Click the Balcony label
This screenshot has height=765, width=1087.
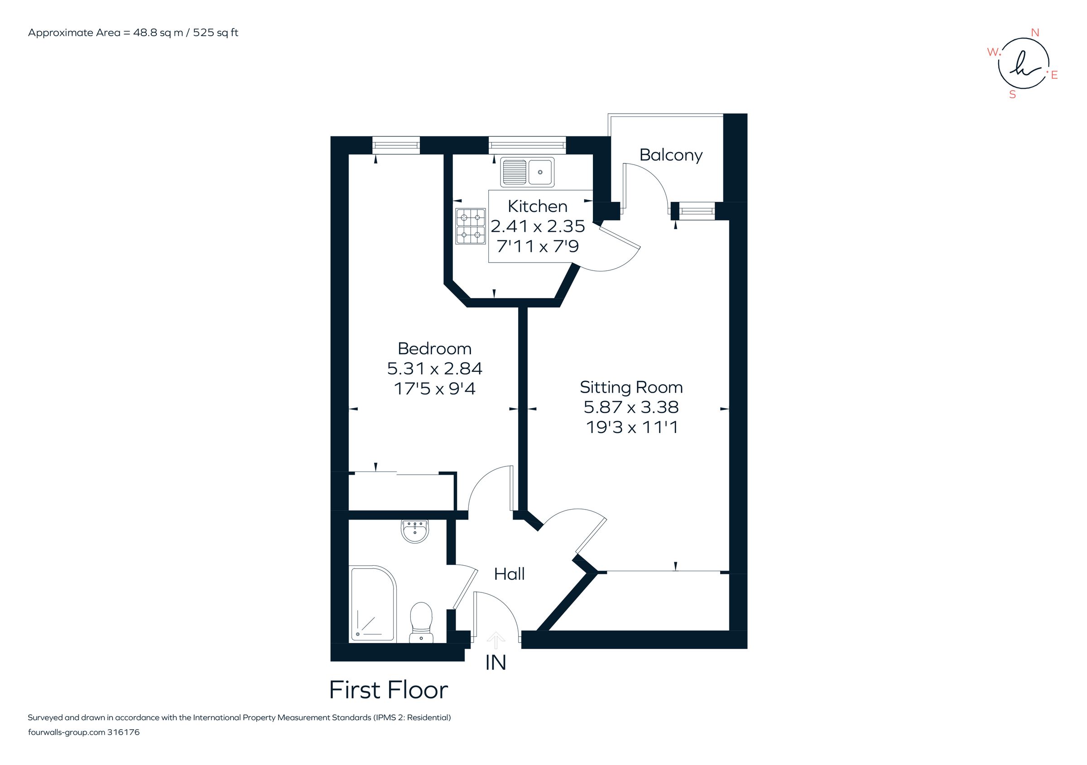tap(671, 155)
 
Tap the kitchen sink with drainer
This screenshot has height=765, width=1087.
tap(527, 172)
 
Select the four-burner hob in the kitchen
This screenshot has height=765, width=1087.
tap(471, 226)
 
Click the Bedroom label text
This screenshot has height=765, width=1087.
tap(435, 349)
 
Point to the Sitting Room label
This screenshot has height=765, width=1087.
tap(631, 388)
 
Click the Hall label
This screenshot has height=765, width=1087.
tap(509, 574)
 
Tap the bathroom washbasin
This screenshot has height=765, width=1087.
tap(415, 531)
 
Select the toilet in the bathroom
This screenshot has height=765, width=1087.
tap(421, 621)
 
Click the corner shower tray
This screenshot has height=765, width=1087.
tap(373, 603)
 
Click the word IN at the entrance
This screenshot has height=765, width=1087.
tap(495, 663)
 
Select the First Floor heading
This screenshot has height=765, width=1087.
tap(388, 690)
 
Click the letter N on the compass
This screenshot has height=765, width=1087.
tap(1035, 33)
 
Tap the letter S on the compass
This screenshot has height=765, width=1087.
tap(1013, 95)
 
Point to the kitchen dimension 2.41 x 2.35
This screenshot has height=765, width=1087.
tap(537, 226)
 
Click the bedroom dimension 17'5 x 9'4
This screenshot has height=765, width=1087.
tap(435, 389)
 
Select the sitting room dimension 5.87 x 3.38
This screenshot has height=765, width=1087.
tap(631, 407)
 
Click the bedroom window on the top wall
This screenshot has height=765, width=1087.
tap(396, 145)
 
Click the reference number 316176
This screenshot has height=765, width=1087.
tap(124, 732)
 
